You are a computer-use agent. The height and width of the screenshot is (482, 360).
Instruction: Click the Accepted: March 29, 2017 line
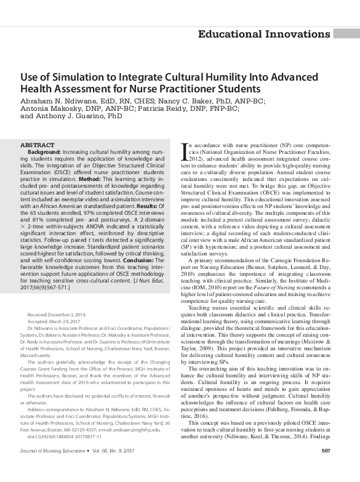pyautogui.click(x=55, y=321)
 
